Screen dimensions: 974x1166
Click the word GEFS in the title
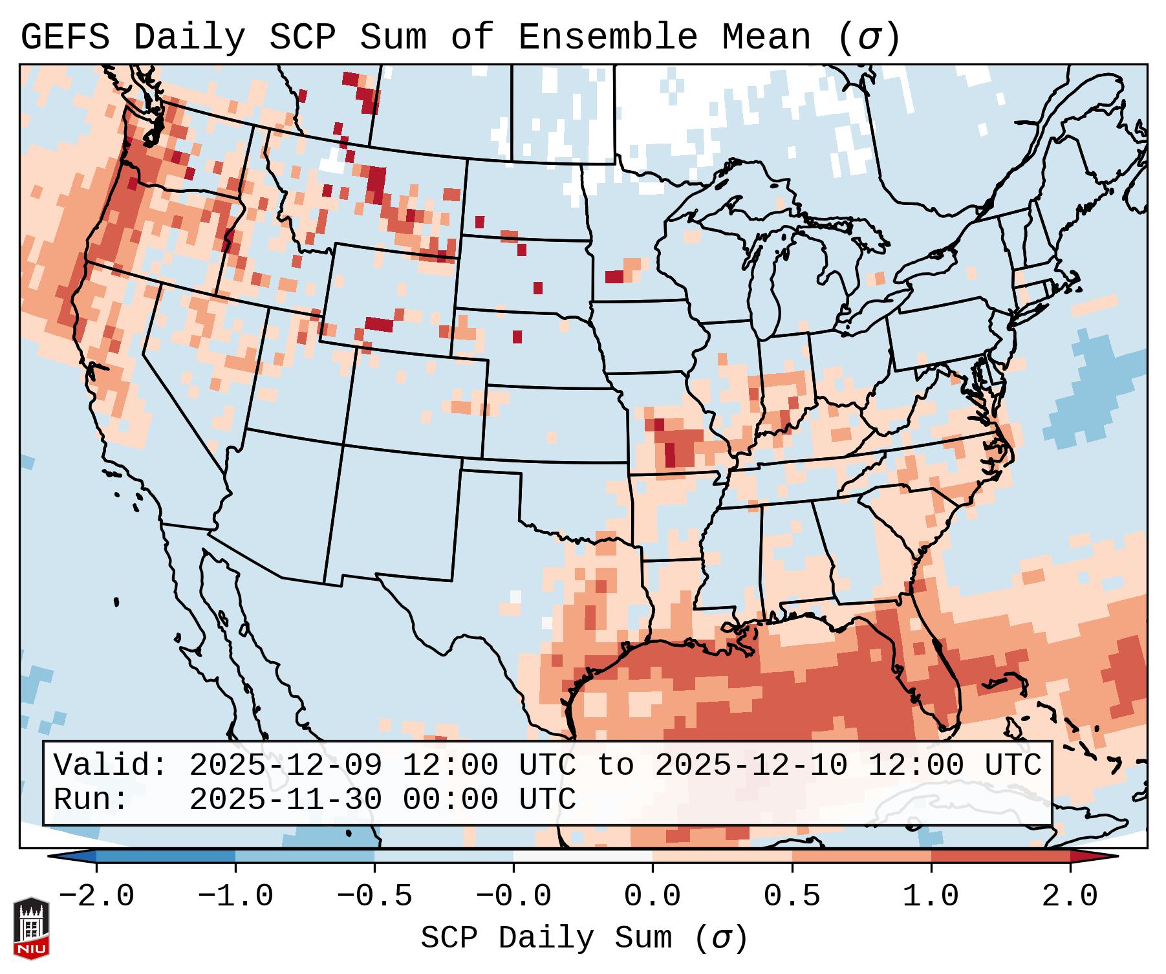65,37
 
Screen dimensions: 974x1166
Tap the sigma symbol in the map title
869,37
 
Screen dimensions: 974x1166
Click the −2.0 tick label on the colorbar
96,896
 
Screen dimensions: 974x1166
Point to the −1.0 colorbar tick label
235,896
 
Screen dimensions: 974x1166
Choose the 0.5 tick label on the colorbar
792,896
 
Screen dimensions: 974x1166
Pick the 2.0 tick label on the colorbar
1070,896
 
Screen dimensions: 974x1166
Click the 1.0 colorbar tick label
931,896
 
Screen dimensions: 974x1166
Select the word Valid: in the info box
111,765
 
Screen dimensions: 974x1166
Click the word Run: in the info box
91,799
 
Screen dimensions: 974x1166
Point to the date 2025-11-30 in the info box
285,799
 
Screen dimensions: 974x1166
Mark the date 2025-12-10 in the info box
751,765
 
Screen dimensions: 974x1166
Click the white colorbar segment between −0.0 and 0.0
583,856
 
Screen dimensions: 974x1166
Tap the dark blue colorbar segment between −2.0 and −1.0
166,856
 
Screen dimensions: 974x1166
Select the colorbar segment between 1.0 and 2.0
1000,856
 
